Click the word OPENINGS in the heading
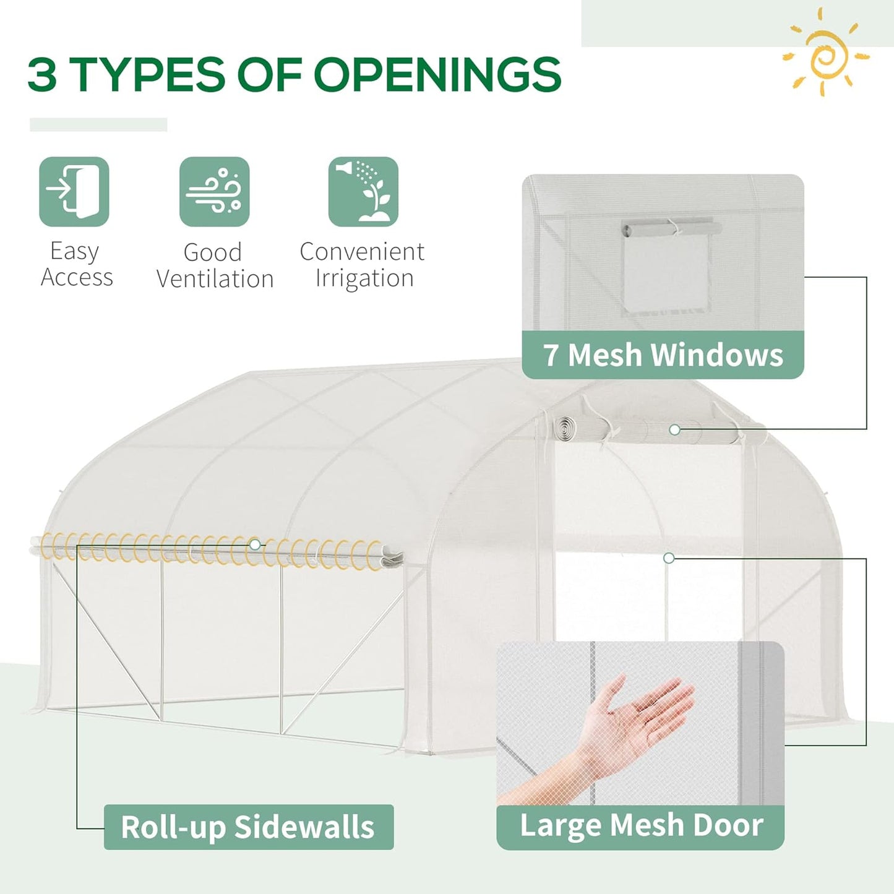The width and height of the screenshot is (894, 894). tap(437, 75)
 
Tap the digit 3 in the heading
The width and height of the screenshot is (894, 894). tap(43, 75)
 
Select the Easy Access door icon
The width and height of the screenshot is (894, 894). tap(74, 191)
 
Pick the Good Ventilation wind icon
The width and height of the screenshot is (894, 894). tap(214, 191)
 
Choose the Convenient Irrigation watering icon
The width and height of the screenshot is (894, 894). tap(363, 191)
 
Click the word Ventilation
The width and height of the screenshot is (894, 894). tap(215, 279)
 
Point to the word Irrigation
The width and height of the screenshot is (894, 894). tap(364, 278)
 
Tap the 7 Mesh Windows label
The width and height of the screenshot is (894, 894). tap(663, 355)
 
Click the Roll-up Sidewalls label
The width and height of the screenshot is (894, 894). tap(248, 827)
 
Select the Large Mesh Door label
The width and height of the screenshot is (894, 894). tap(641, 825)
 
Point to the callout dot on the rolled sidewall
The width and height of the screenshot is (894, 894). tap(255, 545)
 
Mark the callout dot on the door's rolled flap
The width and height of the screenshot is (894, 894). tap(674, 429)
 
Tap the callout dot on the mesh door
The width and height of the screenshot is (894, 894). tap(668, 558)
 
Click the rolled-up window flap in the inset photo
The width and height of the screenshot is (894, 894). tap(671, 228)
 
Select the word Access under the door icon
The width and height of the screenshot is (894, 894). tap(77, 278)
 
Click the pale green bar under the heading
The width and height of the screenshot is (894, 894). tap(98, 124)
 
